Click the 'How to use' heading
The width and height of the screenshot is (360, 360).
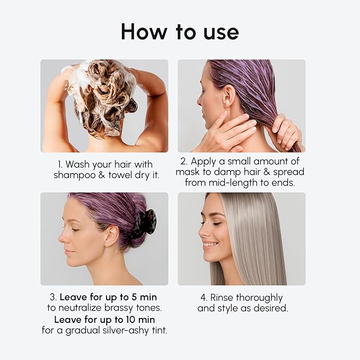(x=180, y=32)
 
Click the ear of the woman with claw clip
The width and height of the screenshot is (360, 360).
(x=111, y=235)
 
